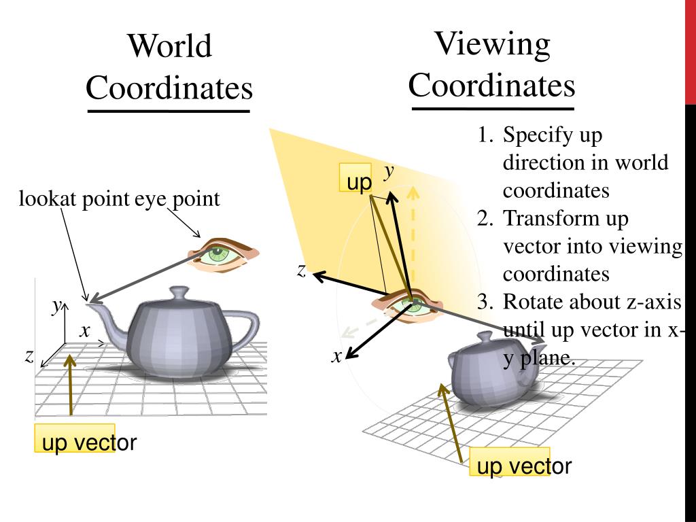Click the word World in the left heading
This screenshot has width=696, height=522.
[170, 46]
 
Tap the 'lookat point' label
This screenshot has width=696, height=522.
[74, 199]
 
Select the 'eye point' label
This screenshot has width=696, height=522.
[177, 199]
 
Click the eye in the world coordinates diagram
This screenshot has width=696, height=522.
[217, 255]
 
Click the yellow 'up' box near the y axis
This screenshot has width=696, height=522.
[355, 181]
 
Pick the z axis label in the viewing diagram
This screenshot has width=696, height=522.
[301, 270]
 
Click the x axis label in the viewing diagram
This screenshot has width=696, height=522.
[336, 355]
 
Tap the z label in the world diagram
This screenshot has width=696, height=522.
[29, 355]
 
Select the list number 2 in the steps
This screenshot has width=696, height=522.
[484, 219]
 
